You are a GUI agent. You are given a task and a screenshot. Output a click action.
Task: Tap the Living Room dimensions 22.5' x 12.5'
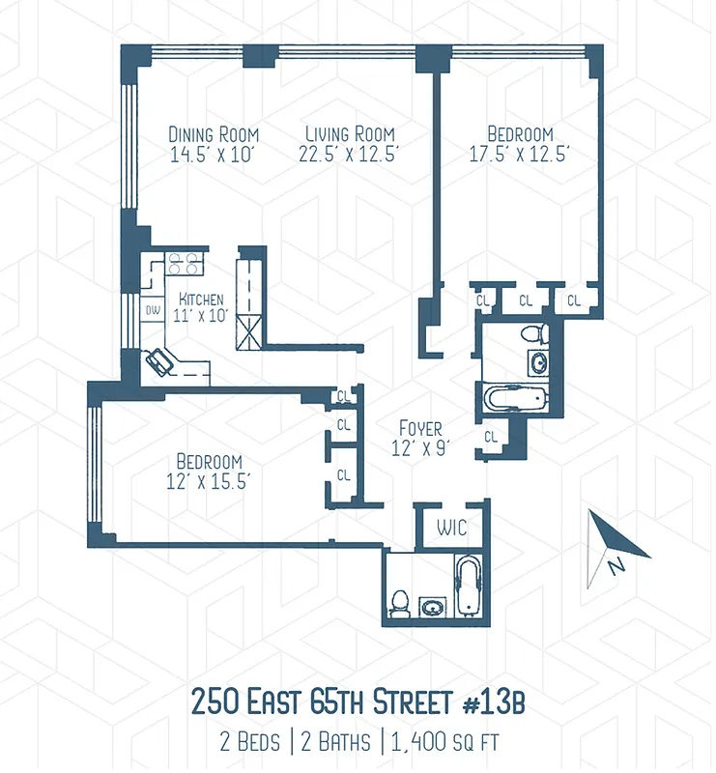pyautogui.click(x=349, y=154)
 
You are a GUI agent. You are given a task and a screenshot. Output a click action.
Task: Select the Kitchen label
pyautogui.click(x=201, y=299)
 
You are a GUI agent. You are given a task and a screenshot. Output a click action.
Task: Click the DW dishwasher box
pyautogui.click(x=152, y=311)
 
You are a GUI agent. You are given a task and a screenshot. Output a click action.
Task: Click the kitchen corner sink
pyautogui.click(x=159, y=361)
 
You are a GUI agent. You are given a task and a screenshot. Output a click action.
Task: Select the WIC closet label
pyautogui.click(x=451, y=529)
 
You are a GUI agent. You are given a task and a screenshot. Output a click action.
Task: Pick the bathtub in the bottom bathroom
pyautogui.click(x=467, y=587)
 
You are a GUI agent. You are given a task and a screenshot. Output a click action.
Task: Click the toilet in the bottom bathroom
pyautogui.click(x=398, y=602)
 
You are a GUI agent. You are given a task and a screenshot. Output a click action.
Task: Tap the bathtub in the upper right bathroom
pyautogui.click(x=515, y=398)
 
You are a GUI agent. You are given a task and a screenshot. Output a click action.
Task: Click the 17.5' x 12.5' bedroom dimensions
pyautogui.click(x=520, y=154)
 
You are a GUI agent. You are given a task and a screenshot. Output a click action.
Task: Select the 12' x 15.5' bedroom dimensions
pyautogui.click(x=209, y=482)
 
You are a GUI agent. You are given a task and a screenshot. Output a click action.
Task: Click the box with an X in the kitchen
pyautogui.click(x=248, y=331)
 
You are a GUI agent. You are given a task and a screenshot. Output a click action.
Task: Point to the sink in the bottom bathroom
pyautogui.click(x=432, y=608)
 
